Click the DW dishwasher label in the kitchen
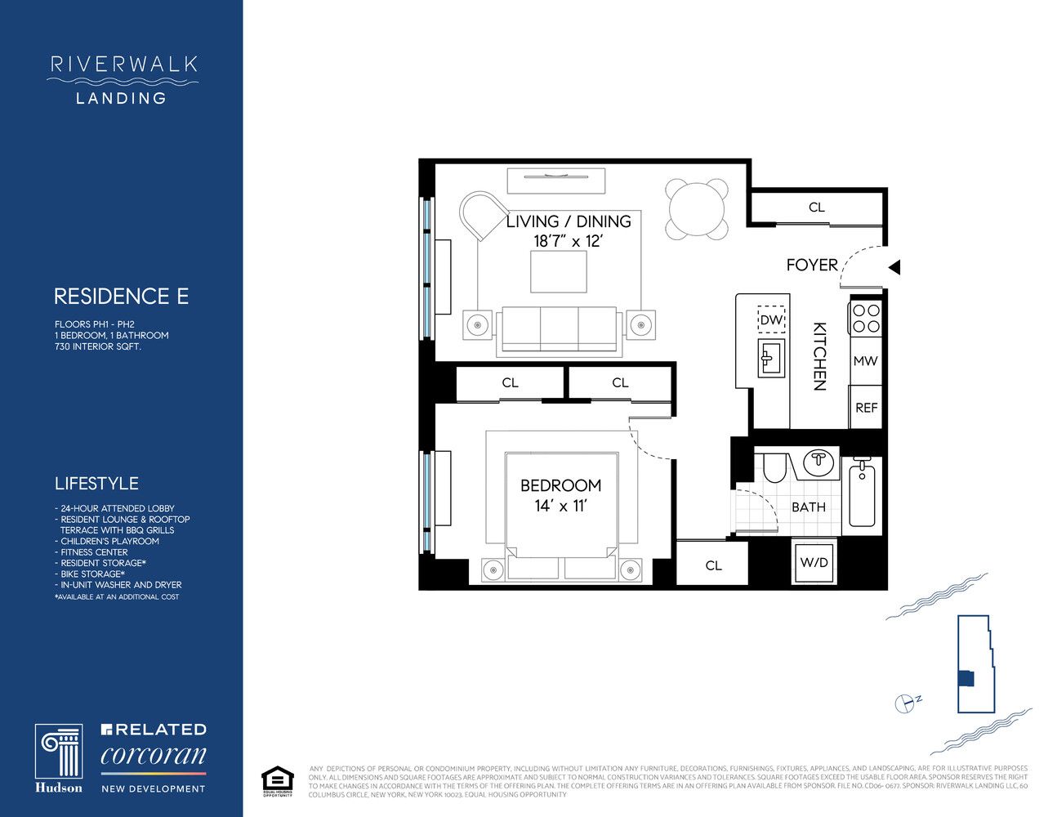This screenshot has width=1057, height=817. tap(770, 320)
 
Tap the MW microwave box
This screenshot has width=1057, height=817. tap(865, 360)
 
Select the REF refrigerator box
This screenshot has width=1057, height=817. tap(866, 407)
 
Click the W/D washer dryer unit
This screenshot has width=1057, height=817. tap(814, 563)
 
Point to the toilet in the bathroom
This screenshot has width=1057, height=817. tap(774, 469)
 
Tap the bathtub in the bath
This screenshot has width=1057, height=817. tap(862, 495)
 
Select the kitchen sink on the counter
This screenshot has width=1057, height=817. tap(770, 356)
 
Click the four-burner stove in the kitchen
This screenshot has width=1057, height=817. tap(865, 318)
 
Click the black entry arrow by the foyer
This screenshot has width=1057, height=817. tap(894, 266)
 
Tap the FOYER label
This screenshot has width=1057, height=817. tap(812, 265)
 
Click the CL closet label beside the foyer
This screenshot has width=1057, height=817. tap(816, 208)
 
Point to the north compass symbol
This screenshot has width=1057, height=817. tap(905, 703)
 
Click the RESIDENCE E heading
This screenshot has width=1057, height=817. tap(121, 296)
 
